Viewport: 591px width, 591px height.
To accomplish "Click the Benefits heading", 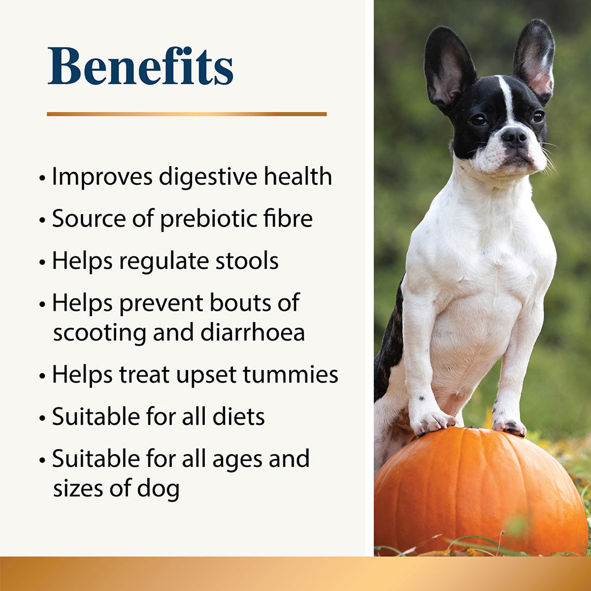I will [x=140, y=67].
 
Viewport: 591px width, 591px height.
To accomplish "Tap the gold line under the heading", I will [x=186, y=114].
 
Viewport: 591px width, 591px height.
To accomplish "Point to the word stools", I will [x=247, y=261].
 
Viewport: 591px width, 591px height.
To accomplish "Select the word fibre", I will [x=292, y=219].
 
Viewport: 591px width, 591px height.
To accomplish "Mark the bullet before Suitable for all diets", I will [x=42, y=418].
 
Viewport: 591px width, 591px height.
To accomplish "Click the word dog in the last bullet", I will [x=158, y=489].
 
